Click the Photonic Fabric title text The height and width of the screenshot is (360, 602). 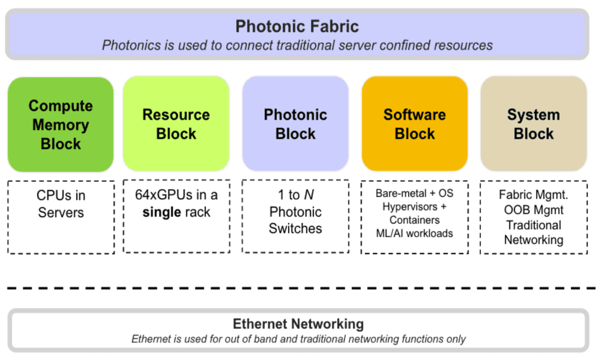click(x=297, y=26)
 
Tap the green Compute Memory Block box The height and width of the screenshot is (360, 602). click(x=61, y=125)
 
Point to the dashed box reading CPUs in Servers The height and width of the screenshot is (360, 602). click(x=61, y=217)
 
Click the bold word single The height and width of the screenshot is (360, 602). click(x=161, y=212)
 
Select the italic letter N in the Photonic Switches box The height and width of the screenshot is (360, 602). click(x=309, y=195)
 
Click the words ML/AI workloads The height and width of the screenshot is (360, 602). click(x=414, y=234)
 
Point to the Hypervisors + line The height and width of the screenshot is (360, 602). click(x=414, y=206)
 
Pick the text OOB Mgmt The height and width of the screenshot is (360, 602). click(x=533, y=209)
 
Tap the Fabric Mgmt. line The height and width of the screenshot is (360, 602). click(x=533, y=195)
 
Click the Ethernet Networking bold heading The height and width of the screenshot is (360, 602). click(x=298, y=324)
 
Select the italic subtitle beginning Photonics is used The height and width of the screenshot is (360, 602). click(x=297, y=45)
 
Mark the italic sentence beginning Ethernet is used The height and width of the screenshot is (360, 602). click(x=298, y=339)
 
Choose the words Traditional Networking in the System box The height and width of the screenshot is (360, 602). click(x=533, y=232)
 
